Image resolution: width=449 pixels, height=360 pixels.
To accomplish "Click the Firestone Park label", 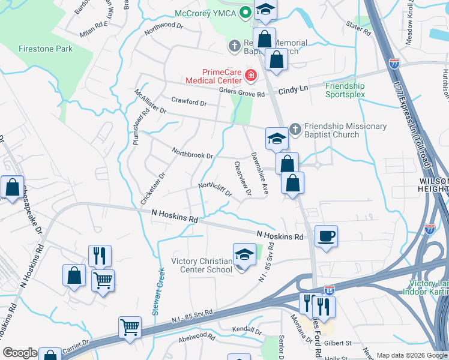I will click(45, 49).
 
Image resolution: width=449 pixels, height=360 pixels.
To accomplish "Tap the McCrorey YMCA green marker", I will click(245, 12).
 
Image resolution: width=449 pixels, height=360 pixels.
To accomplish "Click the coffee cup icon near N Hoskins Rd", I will click(326, 236).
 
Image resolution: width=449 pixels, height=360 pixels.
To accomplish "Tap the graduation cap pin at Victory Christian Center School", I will click(244, 254).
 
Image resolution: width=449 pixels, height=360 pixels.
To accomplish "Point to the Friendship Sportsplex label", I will click(345, 90).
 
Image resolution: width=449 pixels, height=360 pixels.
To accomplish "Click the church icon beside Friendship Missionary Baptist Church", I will click(295, 129).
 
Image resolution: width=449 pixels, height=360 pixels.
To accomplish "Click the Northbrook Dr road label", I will click(193, 153).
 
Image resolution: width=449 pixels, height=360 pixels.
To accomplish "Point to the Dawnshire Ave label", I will click(259, 172).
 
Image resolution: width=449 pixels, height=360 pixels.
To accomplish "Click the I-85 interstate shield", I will click(329, 290).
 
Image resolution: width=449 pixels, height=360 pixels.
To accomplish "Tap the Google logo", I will click(20, 353).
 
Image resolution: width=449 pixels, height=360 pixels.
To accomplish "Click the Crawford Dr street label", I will click(188, 102).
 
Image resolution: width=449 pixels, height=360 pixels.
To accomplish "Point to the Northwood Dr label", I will click(163, 25).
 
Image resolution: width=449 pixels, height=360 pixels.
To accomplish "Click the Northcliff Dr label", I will click(215, 190).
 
